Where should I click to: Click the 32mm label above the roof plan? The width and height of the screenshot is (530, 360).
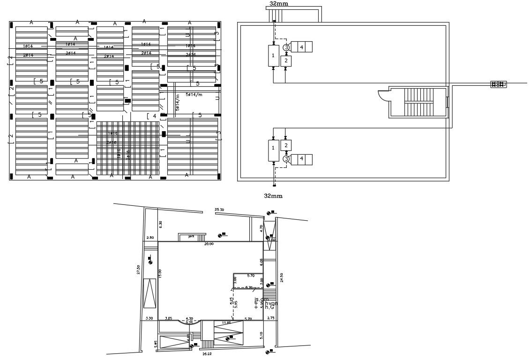click(x=279, y=3)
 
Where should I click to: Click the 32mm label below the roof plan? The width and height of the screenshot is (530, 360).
click(x=274, y=195)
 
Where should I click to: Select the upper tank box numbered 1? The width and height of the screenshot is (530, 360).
click(x=273, y=56)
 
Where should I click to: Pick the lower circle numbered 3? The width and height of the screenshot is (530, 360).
click(x=286, y=159)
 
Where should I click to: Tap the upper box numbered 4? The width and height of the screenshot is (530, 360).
click(x=302, y=47)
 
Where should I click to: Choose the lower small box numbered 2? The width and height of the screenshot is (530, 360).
click(x=286, y=146)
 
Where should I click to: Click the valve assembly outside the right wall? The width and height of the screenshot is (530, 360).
click(x=498, y=84)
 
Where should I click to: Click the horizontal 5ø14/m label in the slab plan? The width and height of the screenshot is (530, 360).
click(x=194, y=95)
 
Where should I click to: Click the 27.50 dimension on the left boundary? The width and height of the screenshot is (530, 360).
click(x=138, y=270)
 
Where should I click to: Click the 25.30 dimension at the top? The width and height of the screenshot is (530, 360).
click(x=219, y=210)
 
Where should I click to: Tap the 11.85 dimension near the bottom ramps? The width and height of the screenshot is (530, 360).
click(x=226, y=322)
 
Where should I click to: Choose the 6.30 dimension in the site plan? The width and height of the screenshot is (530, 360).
click(x=160, y=224)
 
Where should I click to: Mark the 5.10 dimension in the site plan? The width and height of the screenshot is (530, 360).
click(x=261, y=335)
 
